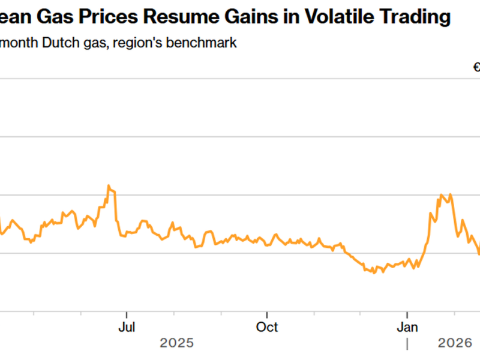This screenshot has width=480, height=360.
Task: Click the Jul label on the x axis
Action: click(127, 328)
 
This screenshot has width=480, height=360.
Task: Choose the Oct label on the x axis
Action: click(267, 328)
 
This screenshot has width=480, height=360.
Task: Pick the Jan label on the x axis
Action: click(407, 328)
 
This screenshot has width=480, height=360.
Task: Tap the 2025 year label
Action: click(177, 343)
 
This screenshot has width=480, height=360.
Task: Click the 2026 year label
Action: click(455, 343)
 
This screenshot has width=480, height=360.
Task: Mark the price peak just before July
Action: click(109, 186)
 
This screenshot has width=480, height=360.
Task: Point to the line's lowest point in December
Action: click(374, 272)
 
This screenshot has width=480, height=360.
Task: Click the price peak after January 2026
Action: click(442, 195)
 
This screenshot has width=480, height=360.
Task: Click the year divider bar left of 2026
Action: click(407, 344)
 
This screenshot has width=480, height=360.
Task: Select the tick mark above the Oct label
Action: click(267, 313)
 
